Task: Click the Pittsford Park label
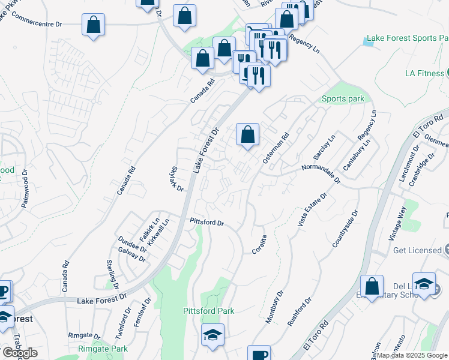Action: point(208,311)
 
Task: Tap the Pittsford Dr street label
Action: point(206,222)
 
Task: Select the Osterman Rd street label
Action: point(276,148)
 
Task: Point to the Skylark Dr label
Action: point(176,179)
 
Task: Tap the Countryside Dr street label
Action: point(345,229)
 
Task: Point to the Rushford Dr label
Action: point(300,311)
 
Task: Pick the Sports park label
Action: point(343,98)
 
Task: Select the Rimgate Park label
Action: point(103,349)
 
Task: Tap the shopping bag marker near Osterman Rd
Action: point(247,135)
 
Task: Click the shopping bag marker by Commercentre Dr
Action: point(93,25)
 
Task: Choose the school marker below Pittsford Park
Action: point(212,335)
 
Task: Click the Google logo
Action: point(20,353)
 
